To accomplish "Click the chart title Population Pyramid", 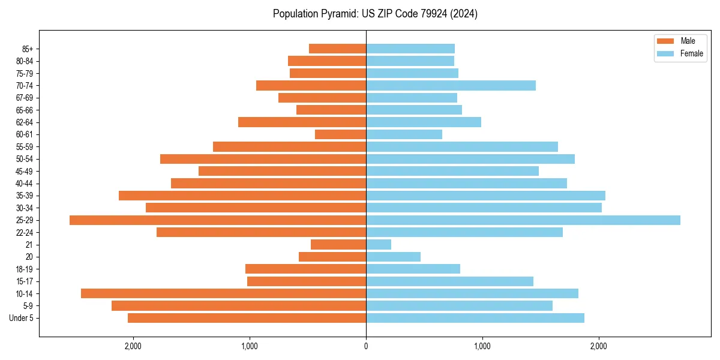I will [375, 14].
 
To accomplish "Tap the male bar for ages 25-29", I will [218, 220].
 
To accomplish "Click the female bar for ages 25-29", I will [523, 220].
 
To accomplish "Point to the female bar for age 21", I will [379, 245].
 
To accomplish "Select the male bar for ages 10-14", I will [223, 293].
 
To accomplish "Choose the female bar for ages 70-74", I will [451, 86].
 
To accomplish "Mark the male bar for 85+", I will [337, 49].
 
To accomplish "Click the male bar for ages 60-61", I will [340, 134].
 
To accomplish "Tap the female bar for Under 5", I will [475, 318].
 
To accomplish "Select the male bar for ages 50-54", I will [263, 159].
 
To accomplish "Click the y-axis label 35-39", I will [25, 196].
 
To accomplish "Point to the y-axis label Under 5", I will [22, 318].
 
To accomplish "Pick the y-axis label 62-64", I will [25, 122].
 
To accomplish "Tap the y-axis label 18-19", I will [25, 269].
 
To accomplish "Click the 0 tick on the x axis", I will [366, 346].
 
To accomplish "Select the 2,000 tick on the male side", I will [133, 346].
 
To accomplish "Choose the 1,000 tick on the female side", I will [482, 346].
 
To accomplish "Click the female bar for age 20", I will [393, 257].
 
